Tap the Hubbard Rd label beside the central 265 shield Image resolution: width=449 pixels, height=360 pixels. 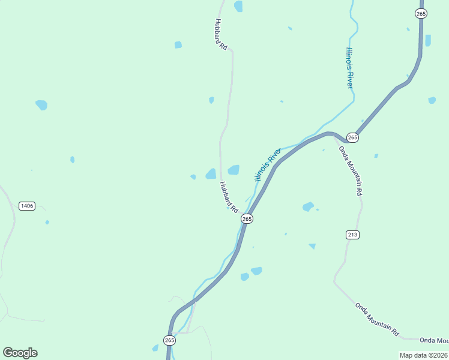click(x=229, y=197)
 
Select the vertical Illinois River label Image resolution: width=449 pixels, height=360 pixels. click(x=349, y=67)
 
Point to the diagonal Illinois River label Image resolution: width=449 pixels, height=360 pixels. click(x=268, y=164)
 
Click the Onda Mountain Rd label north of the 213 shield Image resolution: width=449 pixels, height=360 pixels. click(x=351, y=170)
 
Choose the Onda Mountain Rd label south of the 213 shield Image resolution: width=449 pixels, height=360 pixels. click(x=377, y=319)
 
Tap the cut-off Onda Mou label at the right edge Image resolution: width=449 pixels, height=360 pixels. click(x=434, y=340)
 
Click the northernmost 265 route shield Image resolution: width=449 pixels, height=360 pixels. click(x=421, y=13)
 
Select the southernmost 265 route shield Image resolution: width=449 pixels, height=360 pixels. click(x=169, y=340)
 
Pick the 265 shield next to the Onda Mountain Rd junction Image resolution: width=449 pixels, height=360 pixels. click(x=352, y=137)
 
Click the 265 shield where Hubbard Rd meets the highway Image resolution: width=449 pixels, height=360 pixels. click(x=247, y=219)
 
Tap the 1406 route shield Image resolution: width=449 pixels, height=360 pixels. click(x=27, y=206)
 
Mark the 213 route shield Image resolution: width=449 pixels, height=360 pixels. click(x=352, y=235)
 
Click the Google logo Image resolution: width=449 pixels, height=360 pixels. click(x=20, y=353)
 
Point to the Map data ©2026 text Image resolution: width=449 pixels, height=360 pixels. click(x=423, y=355)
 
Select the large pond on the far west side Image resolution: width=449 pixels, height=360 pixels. click(x=41, y=104)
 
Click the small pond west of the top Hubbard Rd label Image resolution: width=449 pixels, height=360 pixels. click(x=178, y=44)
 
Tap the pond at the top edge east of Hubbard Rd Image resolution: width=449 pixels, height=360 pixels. click(x=239, y=6)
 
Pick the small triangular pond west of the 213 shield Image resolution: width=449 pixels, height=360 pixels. click(x=312, y=246)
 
